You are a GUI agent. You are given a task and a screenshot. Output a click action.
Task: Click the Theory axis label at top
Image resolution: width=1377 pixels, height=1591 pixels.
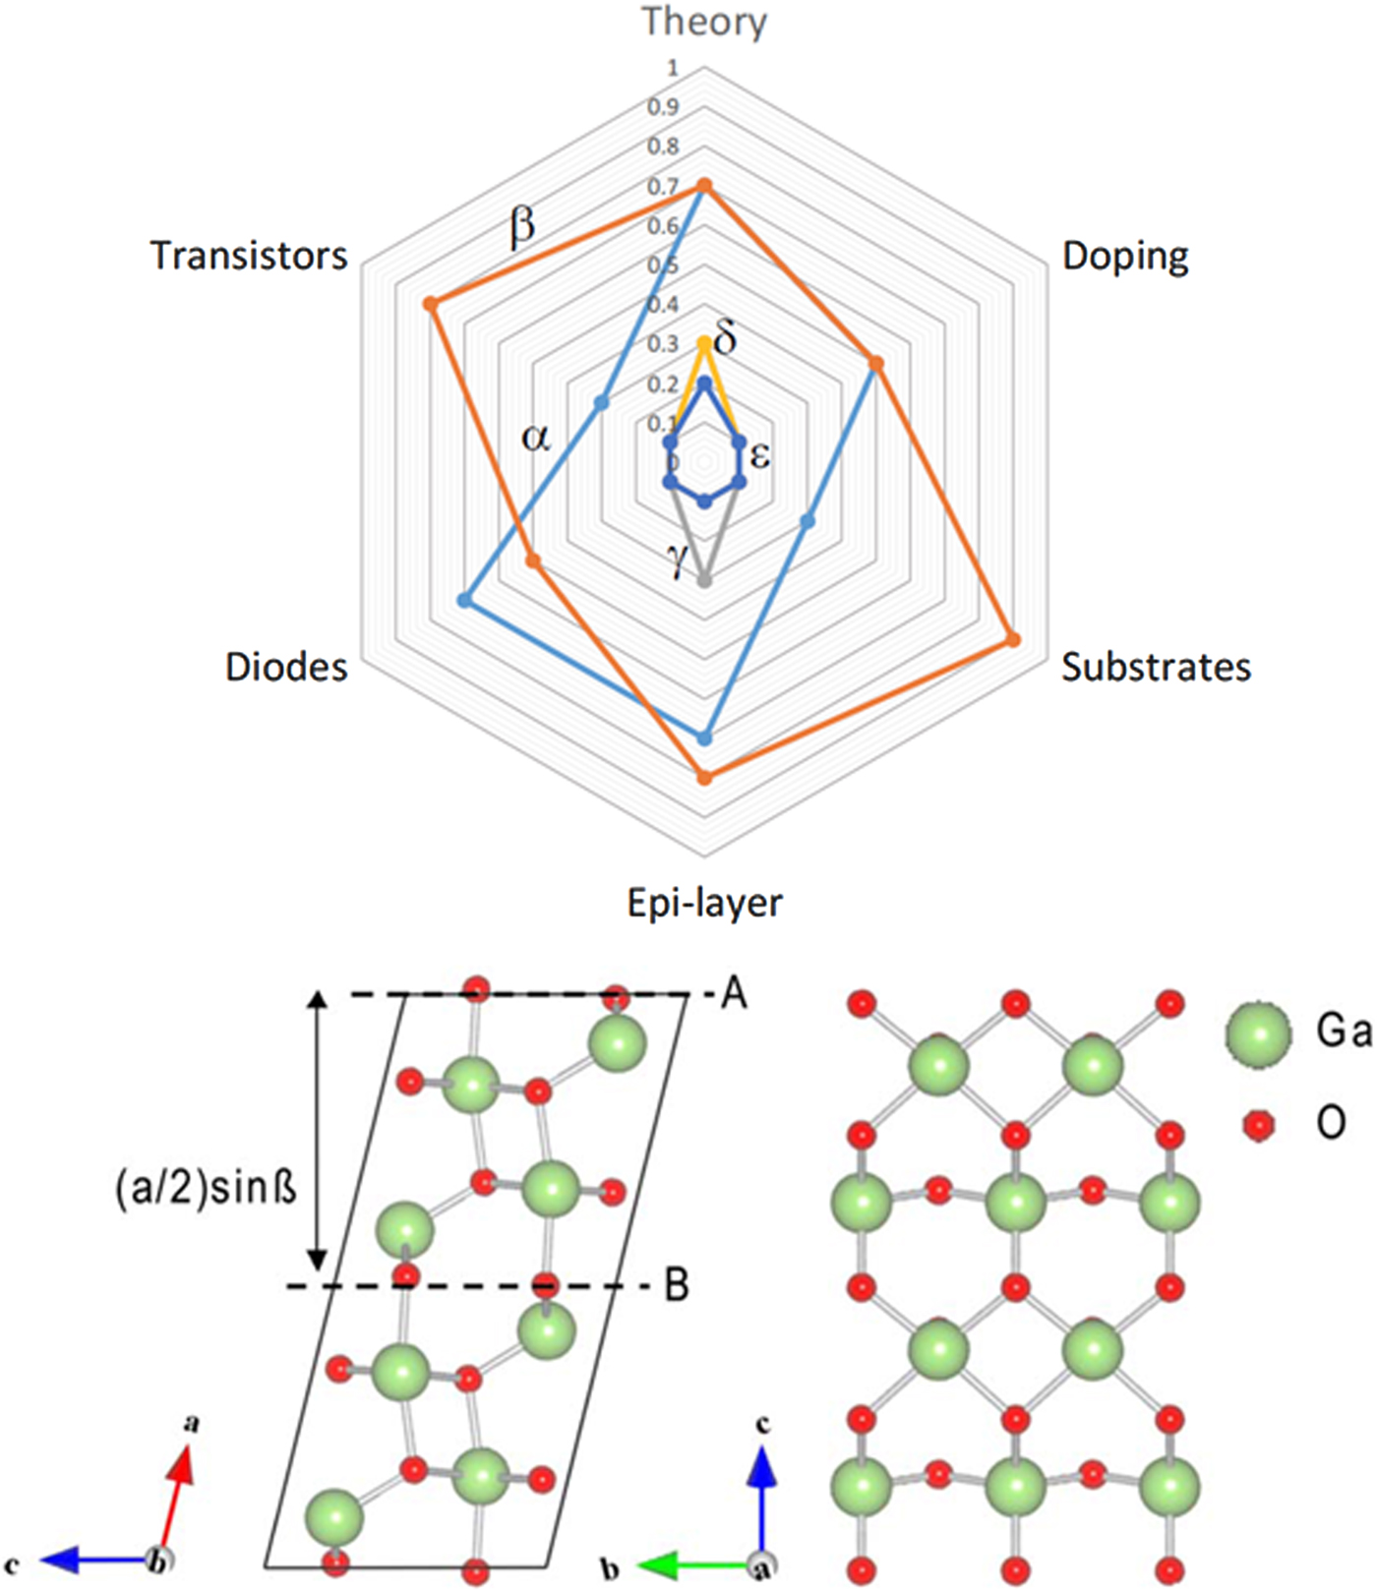[704, 22]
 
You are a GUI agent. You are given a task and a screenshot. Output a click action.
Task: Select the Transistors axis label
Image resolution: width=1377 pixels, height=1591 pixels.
[249, 256]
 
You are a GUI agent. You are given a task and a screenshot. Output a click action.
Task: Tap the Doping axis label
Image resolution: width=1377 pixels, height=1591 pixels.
[1125, 256]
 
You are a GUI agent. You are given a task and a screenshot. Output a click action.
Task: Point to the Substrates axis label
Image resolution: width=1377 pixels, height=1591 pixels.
[1156, 667]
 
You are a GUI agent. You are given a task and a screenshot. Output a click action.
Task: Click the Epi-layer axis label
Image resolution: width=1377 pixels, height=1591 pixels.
[705, 903]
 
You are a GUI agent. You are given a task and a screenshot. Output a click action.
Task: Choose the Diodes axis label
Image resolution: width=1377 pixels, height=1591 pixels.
[286, 667]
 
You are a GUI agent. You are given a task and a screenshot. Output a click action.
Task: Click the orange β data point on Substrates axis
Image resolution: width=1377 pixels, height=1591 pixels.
[1013, 640]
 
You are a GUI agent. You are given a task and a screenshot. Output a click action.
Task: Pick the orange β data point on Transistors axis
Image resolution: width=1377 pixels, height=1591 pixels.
[430, 305]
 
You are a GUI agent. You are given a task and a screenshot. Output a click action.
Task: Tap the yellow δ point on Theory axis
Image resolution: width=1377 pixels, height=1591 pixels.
[704, 343]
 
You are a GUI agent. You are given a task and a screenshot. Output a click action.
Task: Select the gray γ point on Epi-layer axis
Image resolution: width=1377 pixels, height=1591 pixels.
[704, 581]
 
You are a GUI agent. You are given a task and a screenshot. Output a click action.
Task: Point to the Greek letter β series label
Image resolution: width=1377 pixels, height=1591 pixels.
[522, 225]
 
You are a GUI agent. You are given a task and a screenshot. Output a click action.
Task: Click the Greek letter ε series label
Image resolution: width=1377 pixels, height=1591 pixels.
[760, 455]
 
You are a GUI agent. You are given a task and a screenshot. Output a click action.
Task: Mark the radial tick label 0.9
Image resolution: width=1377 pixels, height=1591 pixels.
[663, 107]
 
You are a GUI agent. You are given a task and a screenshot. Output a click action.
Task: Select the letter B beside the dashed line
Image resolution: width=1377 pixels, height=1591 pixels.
[677, 1284]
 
